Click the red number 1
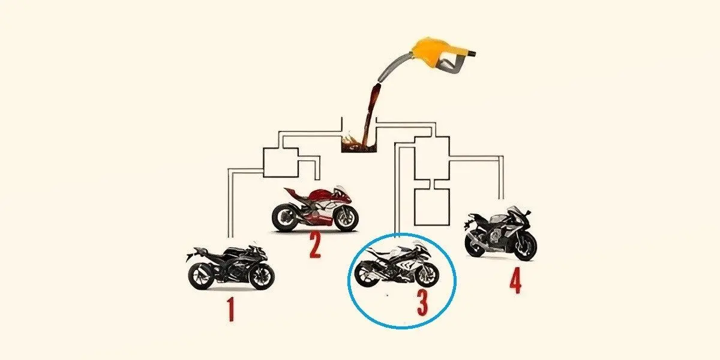[x=230, y=309]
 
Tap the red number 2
[x=315, y=245]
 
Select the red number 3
[x=422, y=302]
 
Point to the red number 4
[x=515, y=281]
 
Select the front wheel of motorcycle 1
[x=262, y=277]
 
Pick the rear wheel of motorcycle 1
[x=201, y=277]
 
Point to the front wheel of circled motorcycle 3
[x=427, y=275]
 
